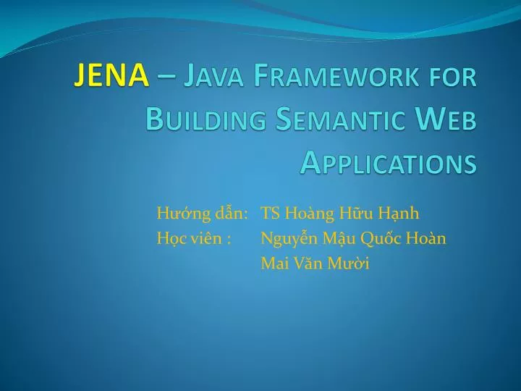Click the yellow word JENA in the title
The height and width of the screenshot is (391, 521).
pyautogui.click(x=112, y=76)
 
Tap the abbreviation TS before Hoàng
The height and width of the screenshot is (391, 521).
pyautogui.click(x=271, y=213)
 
